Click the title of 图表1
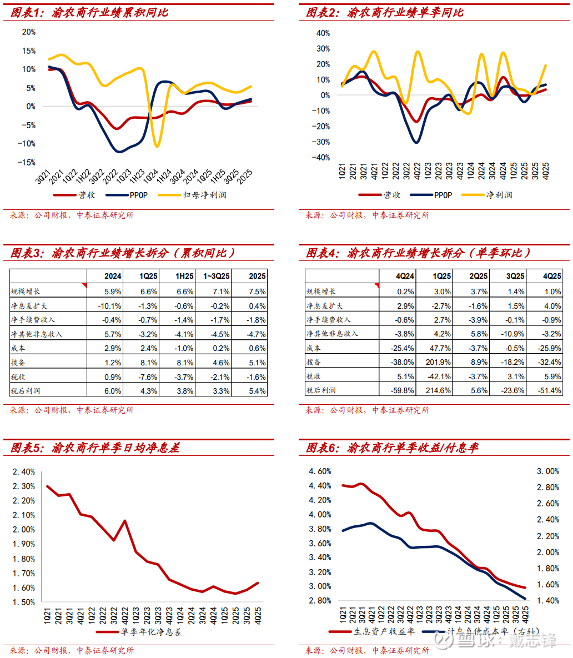coord(89,12)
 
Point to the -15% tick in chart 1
coord(28,162)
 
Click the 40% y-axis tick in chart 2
coord(323,33)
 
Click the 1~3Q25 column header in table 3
coord(215,276)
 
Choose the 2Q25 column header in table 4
coord(478,276)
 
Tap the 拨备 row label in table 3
coord(18,363)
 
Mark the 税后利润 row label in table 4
coord(321,390)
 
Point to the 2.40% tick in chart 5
coord(24,471)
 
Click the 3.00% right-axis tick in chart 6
coord(548,471)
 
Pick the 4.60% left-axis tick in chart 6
coord(320,471)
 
